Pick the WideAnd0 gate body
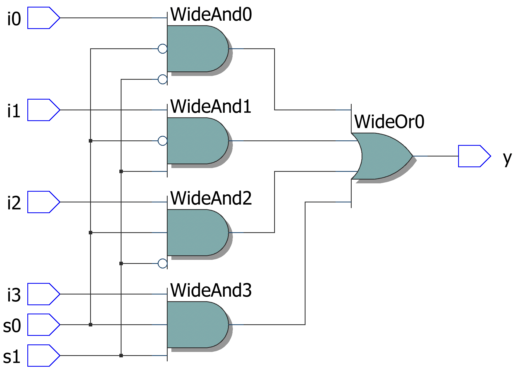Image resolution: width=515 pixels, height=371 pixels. (x=196, y=49)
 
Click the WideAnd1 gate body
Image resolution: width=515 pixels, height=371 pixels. (x=196, y=141)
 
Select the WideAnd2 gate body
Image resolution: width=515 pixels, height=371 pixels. (x=196, y=232)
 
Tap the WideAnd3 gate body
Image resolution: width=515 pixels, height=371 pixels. (x=196, y=325)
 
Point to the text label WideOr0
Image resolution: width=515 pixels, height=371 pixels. (x=389, y=122)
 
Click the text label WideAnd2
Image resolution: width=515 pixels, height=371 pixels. (x=211, y=198)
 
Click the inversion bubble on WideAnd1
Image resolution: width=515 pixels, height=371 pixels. (x=163, y=141)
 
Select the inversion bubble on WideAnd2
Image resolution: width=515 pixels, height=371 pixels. (x=163, y=263)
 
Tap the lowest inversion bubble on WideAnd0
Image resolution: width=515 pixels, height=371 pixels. (x=163, y=79)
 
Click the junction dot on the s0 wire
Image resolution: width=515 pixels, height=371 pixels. (x=91, y=325)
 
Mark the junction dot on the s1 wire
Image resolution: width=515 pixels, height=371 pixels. (x=121, y=355)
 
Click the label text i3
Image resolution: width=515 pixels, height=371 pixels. (x=14, y=295)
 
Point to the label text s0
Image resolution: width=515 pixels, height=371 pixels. (x=12, y=326)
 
